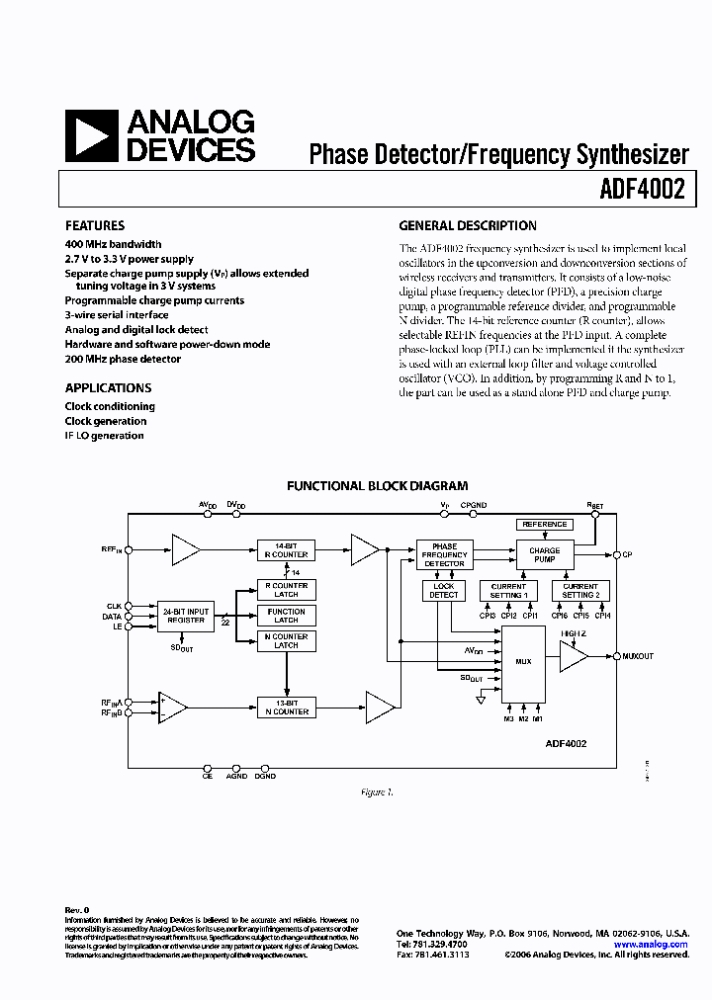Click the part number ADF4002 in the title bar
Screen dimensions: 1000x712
click(642, 189)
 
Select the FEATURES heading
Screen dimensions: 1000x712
click(95, 225)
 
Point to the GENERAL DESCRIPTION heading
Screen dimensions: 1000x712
click(467, 225)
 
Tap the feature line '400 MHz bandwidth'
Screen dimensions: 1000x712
click(113, 244)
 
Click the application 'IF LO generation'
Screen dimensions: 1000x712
click(104, 436)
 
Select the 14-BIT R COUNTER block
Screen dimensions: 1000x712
click(286, 550)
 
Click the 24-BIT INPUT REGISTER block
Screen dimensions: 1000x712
click(186, 616)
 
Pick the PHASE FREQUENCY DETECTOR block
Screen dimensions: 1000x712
click(444, 554)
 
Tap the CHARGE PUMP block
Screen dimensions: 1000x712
click(544, 554)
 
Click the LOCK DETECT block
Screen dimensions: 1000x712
click(444, 591)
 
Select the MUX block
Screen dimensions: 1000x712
click(523, 663)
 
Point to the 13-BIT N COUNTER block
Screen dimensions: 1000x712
click(286, 707)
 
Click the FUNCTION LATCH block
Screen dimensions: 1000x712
click(286, 616)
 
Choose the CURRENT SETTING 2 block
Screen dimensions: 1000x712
click(580, 591)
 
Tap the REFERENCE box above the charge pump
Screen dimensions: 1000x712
click(544, 524)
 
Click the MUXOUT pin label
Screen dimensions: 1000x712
click(638, 656)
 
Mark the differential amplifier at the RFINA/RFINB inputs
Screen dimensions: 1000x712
click(173, 706)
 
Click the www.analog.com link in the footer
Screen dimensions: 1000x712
click(650, 945)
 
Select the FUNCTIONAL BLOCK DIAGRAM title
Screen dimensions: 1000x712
click(377, 486)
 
